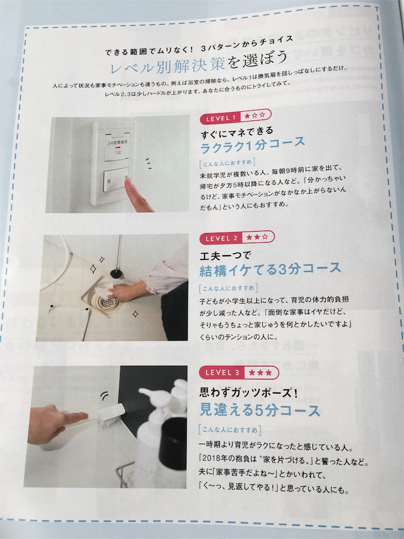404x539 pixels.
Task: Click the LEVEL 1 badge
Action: click(235, 116)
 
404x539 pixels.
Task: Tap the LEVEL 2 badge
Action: click(237, 238)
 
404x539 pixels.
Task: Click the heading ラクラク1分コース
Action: click(252, 144)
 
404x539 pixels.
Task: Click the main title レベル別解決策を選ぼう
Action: click(198, 62)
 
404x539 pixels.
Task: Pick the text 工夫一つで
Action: click(225, 255)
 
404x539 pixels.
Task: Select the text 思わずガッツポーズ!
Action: click(248, 392)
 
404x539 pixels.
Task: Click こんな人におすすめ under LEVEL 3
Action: click(229, 430)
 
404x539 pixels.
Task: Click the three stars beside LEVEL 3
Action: click(260, 373)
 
